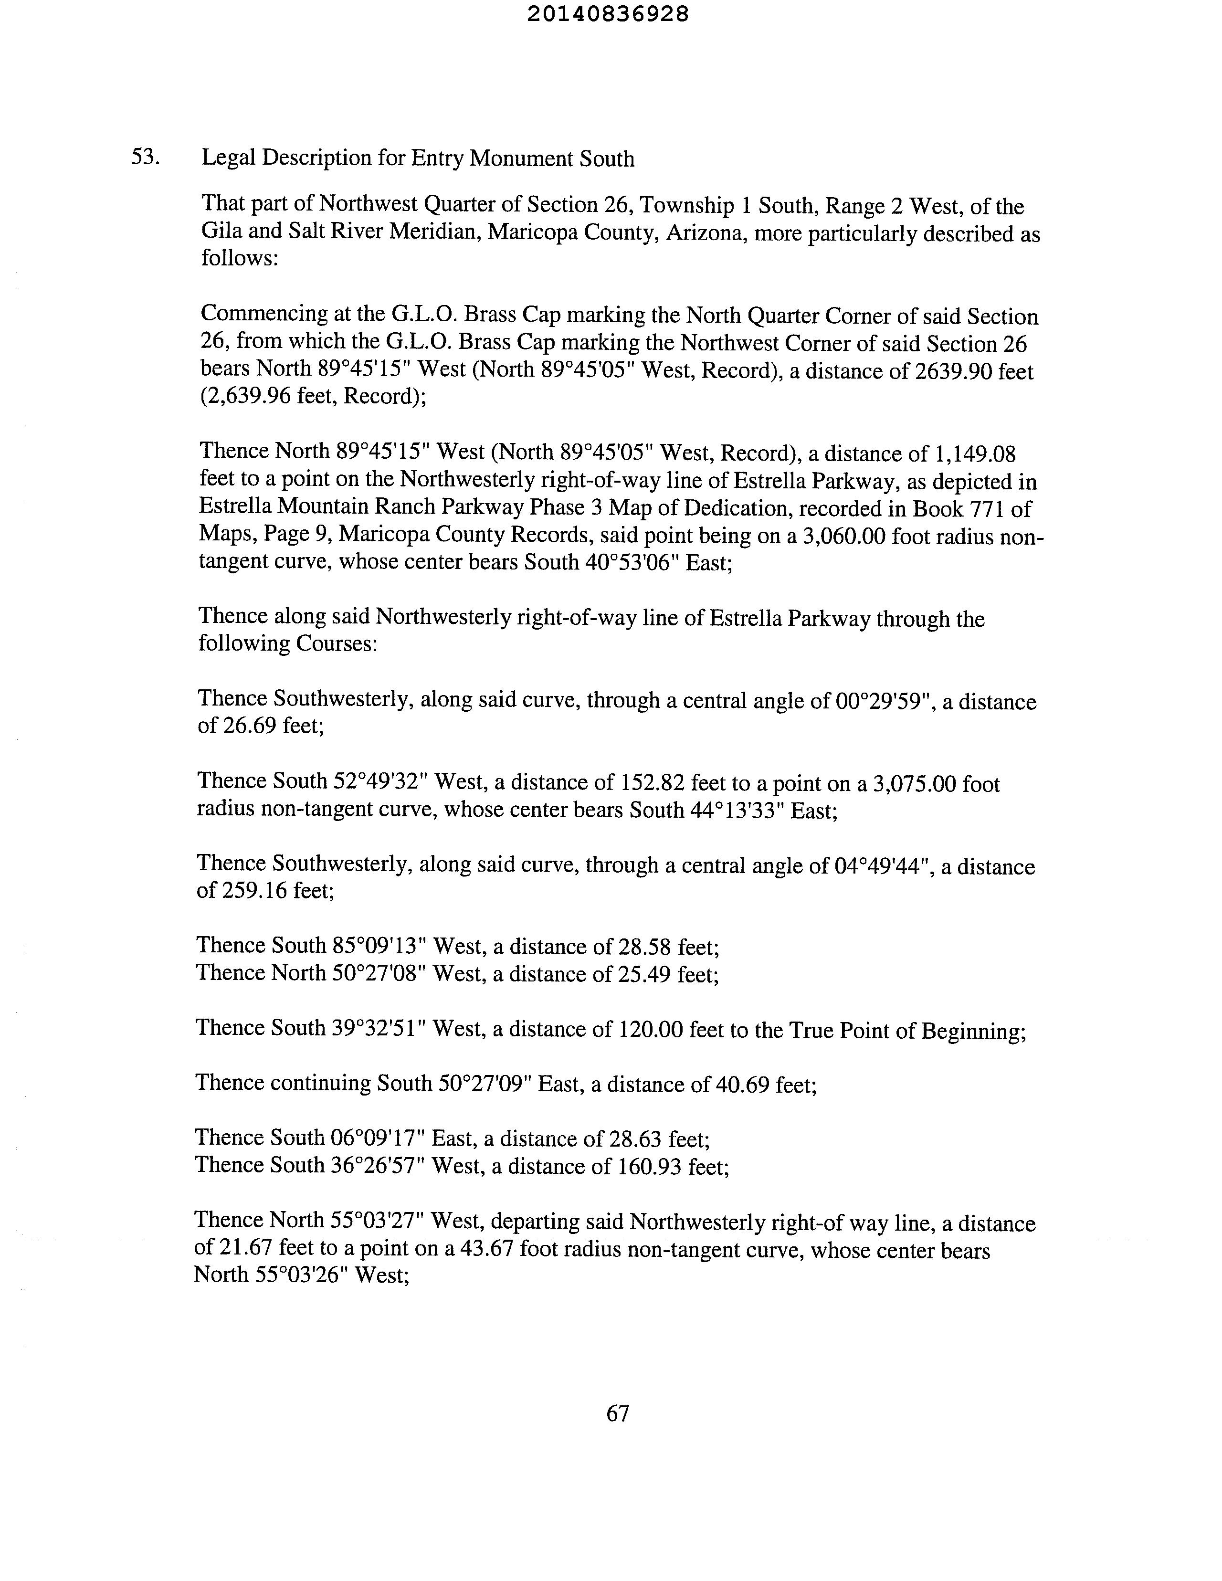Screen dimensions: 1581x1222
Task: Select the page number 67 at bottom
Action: (x=618, y=1413)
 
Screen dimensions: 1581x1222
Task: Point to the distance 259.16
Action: (x=254, y=890)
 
